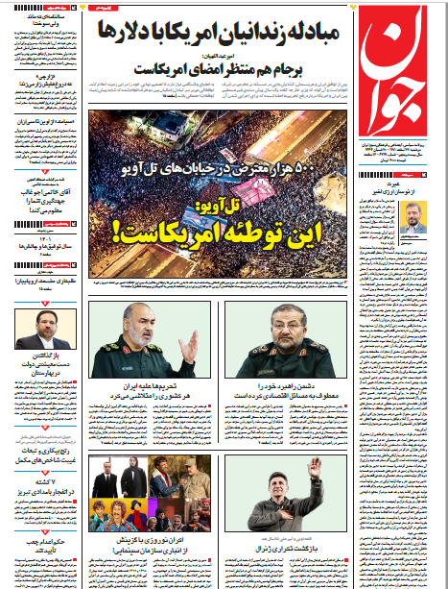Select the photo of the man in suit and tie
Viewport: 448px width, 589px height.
click(42, 331)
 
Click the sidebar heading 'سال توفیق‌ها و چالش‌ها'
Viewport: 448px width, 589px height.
click(42, 245)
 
